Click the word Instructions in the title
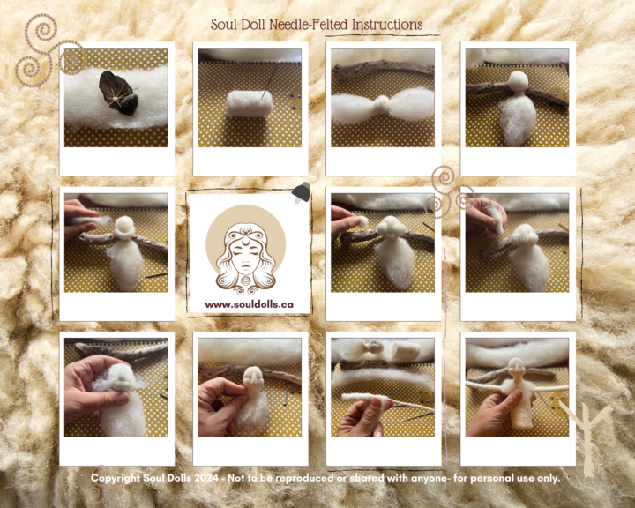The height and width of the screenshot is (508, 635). [x=386, y=25]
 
